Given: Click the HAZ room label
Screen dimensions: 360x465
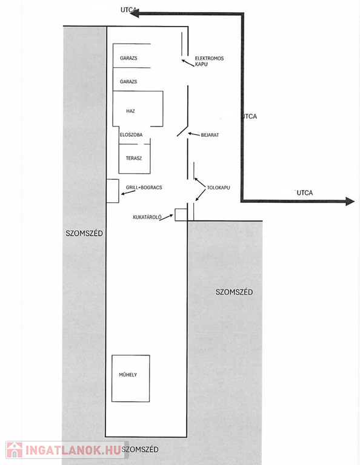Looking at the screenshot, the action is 130,111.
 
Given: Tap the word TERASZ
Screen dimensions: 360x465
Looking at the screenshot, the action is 133,158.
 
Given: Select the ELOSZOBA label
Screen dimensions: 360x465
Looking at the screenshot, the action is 131,134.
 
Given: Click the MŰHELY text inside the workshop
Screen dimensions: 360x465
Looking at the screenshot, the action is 128,375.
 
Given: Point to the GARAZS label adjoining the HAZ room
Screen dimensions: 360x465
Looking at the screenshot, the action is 128,82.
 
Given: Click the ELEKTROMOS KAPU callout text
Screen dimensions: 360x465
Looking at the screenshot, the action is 209,61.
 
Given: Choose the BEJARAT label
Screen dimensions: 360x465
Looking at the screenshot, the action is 210,135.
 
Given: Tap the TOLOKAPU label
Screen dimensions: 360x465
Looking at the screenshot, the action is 218,188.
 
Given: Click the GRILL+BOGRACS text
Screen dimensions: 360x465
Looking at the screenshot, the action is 144,188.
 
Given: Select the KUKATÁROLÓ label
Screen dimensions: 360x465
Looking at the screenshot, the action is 147,217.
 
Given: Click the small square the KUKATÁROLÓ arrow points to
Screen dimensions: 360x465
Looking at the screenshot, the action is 181,215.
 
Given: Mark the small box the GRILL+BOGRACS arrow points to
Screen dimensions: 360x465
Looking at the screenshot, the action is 113,191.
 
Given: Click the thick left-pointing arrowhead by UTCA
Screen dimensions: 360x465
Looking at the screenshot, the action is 135,13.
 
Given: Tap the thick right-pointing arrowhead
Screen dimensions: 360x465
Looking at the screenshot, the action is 350,202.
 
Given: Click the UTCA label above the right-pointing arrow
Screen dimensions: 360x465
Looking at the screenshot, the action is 305,193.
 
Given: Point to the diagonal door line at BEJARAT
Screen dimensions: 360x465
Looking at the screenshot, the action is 182,131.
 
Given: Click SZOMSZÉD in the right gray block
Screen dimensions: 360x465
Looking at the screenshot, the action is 234,292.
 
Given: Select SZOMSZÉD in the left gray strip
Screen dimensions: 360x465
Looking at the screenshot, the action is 84,233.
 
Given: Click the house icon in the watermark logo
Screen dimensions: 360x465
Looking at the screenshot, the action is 15,450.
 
